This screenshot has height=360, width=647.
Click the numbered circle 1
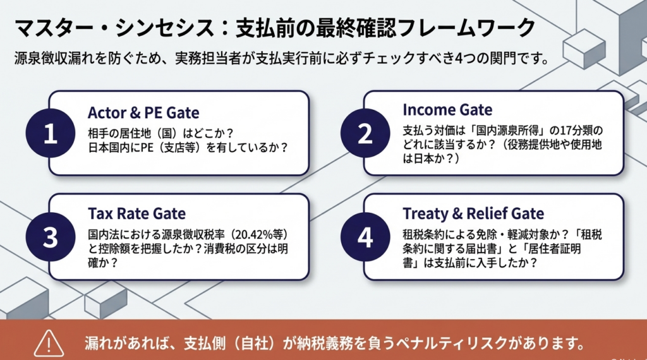point(50,135)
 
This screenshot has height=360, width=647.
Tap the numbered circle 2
point(365,135)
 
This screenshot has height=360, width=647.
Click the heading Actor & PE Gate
point(143,113)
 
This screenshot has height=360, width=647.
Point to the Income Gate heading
point(447,109)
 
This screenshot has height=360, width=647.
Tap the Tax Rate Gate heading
point(136,213)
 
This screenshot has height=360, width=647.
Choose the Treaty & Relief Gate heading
point(473,213)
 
